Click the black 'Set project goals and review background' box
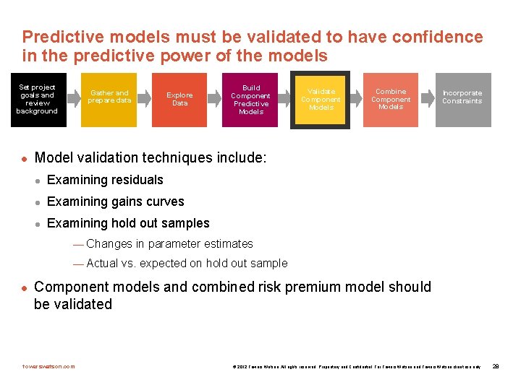point(38,100)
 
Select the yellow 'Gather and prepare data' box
point(109,100)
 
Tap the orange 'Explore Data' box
point(179,100)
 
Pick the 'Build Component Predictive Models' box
point(250,100)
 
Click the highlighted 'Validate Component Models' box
point(321,100)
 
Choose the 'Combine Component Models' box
point(391,100)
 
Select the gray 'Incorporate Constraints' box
point(462,100)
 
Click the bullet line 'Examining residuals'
point(105,180)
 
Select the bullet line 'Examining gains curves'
point(115,201)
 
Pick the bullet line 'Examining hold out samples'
point(128,223)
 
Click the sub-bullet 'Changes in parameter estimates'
point(169,244)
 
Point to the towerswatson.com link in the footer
point(48,366)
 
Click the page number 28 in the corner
point(496,367)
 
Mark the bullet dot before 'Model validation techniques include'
point(24,157)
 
